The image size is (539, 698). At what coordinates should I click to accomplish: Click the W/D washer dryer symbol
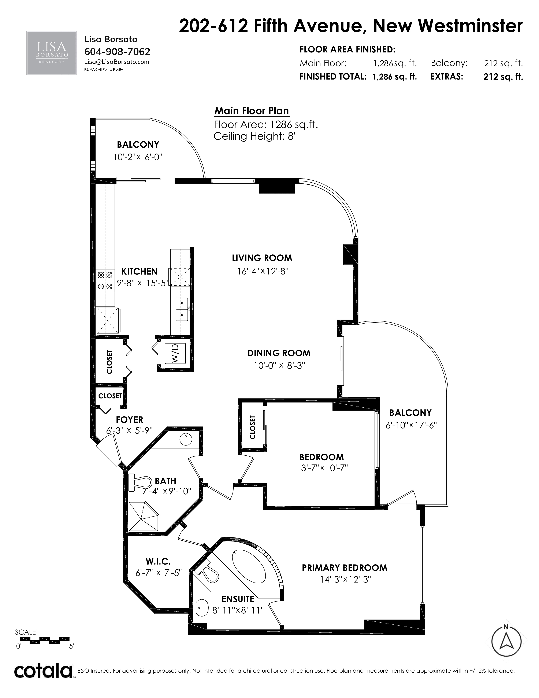175,353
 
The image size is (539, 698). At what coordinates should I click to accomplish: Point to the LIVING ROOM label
262,258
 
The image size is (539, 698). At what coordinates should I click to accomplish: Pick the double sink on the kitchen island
182,309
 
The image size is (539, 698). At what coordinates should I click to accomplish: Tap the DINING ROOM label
279,353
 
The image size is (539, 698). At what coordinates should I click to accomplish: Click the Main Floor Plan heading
252,111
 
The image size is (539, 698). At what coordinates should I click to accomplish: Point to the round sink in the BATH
186,440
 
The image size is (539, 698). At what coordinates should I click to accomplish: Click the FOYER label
129,420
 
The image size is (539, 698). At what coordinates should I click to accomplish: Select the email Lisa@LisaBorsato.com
117,62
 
